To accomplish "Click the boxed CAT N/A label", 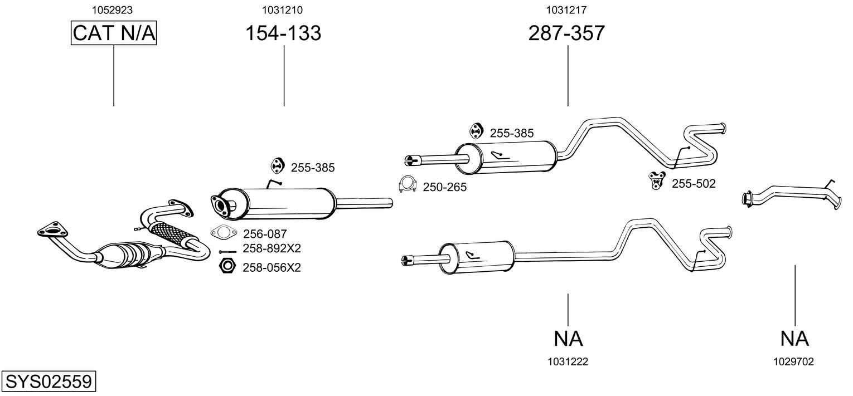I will (x=114, y=33).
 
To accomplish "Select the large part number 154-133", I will (x=283, y=33).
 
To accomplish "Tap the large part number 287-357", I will (x=566, y=33).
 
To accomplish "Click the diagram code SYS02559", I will (x=48, y=382).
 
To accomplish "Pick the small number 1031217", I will (x=566, y=9).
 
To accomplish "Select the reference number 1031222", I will (x=568, y=361).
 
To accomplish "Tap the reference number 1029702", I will (x=793, y=361).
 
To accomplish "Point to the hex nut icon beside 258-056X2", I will (x=227, y=266).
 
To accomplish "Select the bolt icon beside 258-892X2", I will (x=227, y=252).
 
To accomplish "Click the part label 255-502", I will (x=693, y=183).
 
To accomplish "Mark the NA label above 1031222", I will (x=568, y=338).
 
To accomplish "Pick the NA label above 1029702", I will (x=794, y=338).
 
